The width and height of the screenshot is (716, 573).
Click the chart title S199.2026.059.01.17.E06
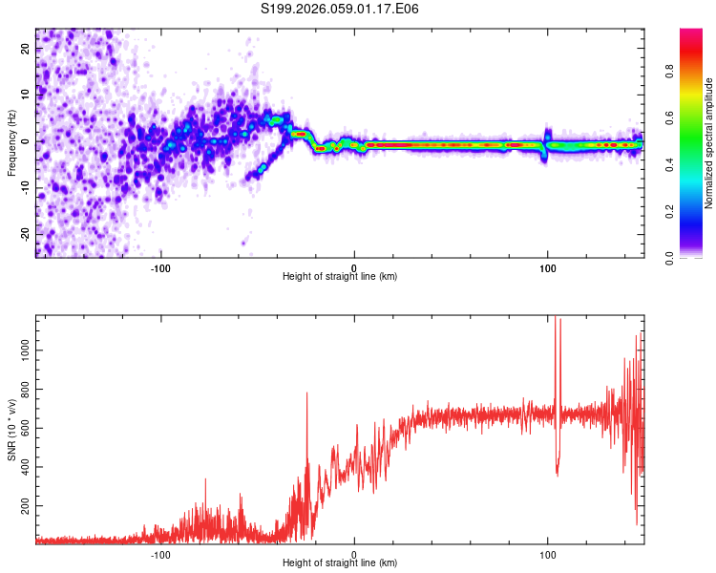[x=341, y=9]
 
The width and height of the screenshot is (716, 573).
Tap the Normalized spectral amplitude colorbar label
[x=709, y=143]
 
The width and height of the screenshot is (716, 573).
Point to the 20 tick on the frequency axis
[x=26, y=50]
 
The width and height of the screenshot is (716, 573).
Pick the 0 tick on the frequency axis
[x=26, y=141]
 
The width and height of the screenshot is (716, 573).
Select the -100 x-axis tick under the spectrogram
[x=160, y=266]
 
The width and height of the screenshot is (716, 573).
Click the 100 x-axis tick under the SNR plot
[x=548, y=554]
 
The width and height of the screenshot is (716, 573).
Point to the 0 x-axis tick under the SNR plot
[x=354, y=554]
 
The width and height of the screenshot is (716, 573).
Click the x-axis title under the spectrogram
[x=340, y=277]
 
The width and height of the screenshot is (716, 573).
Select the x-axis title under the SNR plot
[x=340, y=563]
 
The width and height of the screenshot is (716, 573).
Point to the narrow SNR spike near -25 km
[x=306, y=394]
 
